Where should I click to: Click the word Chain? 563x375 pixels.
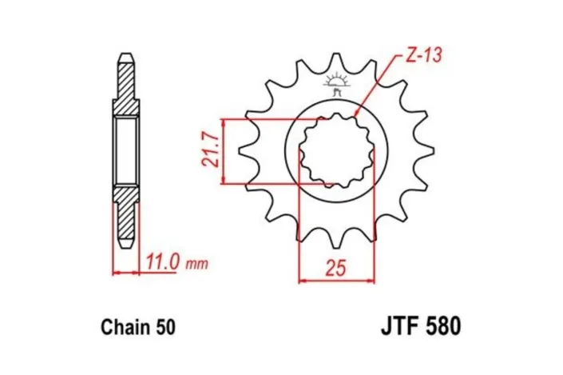[x=125, y=328]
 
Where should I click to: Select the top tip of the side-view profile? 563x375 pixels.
[x=126, y=57]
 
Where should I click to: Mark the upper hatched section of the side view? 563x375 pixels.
[x=126, y=88]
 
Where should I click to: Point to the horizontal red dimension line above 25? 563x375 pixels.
[x=336, y=280]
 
